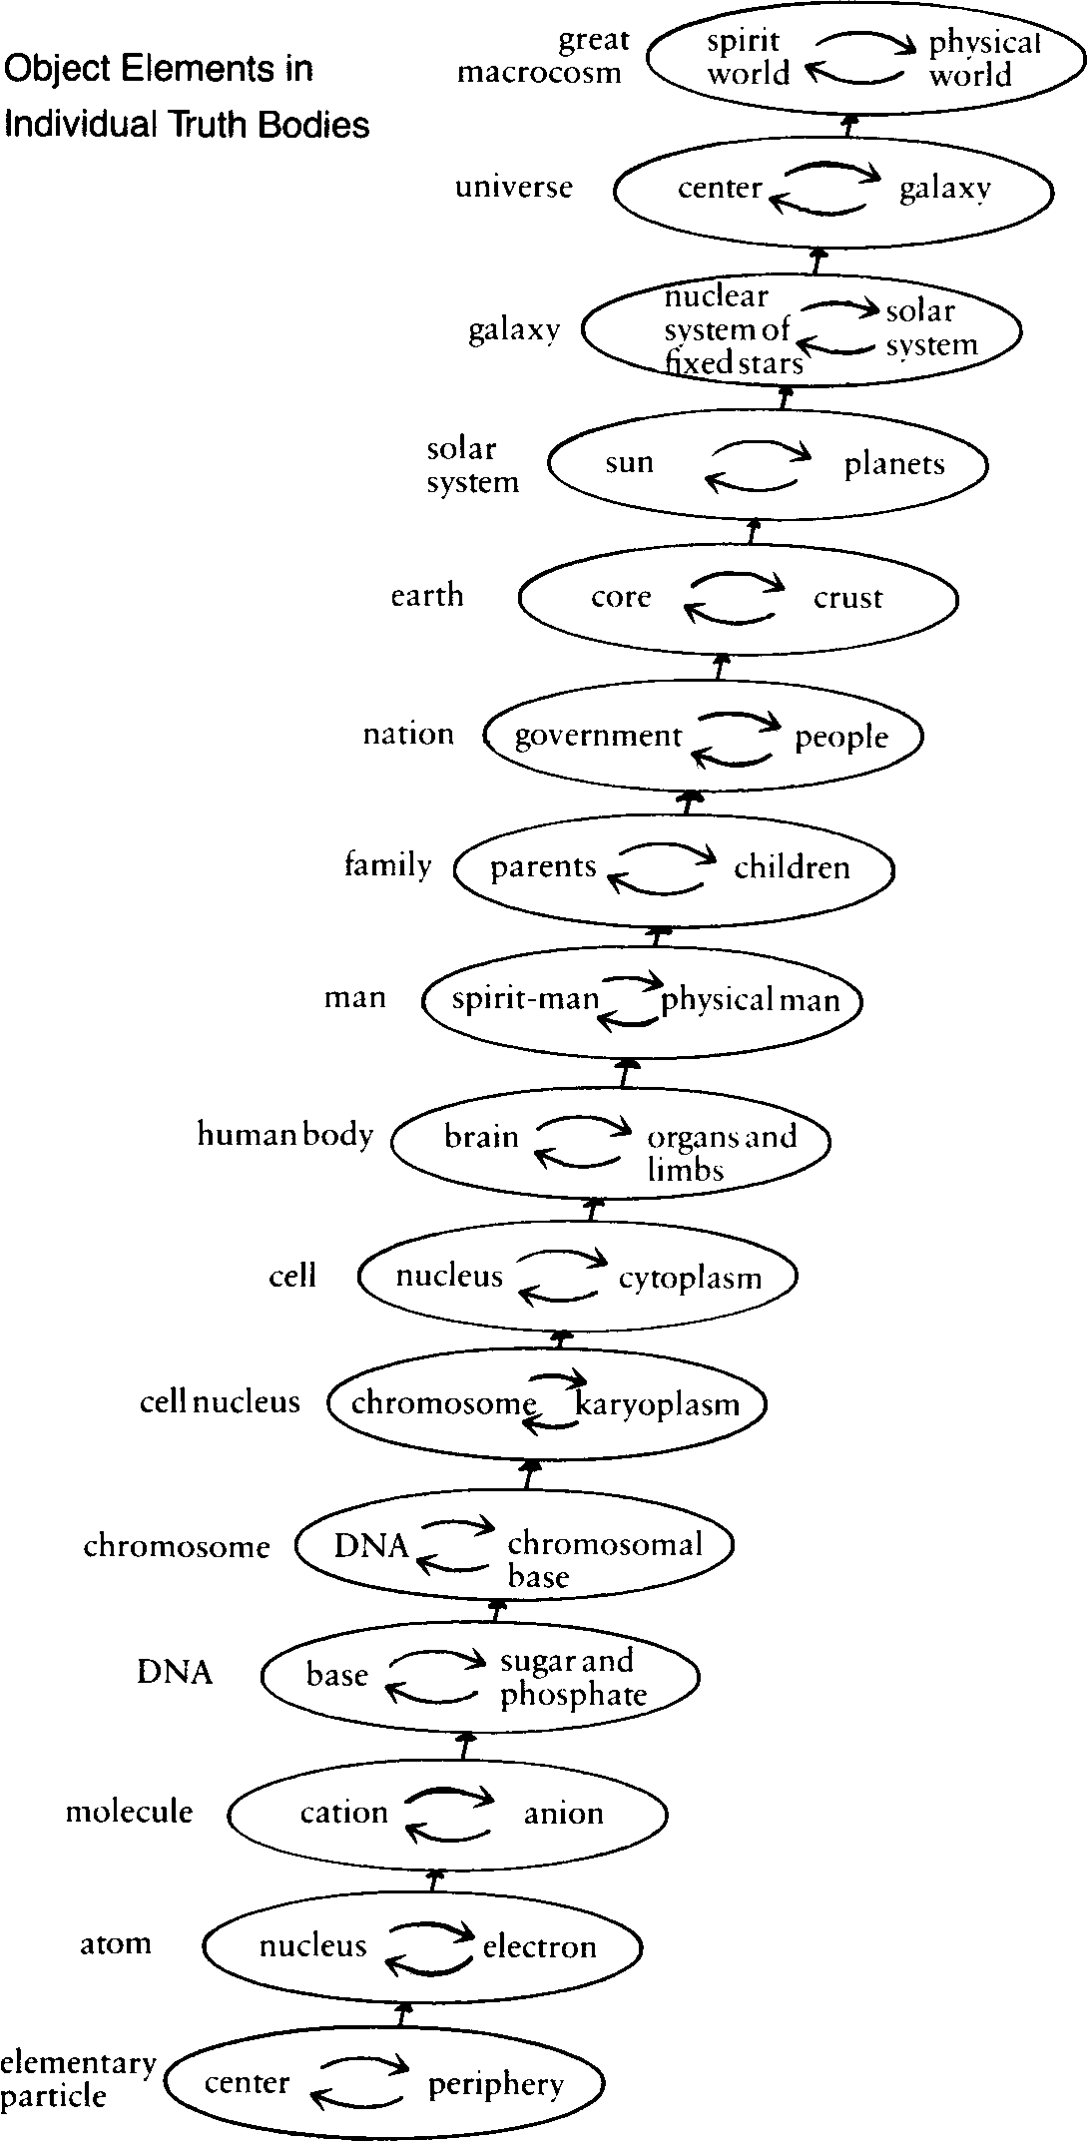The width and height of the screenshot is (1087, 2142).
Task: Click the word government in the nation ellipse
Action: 598,737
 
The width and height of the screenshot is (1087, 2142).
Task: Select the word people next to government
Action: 840,738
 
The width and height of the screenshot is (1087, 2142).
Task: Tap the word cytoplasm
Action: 690,1278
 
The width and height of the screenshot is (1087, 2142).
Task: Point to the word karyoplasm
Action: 658,1404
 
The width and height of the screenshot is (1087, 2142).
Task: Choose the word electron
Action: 539,1946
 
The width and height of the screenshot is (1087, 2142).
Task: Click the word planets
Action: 894,464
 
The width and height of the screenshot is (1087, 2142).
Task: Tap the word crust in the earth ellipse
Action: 847,598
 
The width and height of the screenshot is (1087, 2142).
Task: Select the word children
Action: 792,867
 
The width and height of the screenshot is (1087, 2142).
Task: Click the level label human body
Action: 284,1135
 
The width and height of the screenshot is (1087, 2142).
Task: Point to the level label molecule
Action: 129,1811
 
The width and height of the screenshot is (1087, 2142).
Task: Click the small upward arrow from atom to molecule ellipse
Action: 433,1878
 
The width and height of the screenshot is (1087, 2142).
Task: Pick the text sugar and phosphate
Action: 573,1678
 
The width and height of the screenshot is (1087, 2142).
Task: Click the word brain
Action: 481,1136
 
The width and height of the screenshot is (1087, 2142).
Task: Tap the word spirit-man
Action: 525,998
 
